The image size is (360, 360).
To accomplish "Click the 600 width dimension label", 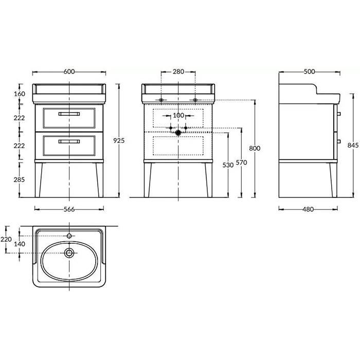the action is [69, 71].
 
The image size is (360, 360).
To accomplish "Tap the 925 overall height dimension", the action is [119, 140].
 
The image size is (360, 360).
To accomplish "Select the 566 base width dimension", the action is [69, 209].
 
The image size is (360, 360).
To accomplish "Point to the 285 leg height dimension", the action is [19, 179].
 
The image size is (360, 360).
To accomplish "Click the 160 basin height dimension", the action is [20, 94].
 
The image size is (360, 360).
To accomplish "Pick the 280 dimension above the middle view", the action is [178, 71].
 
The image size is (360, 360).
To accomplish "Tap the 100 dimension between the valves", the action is [178, 115].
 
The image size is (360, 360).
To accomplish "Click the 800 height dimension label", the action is [255, 148].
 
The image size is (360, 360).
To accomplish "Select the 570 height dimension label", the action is [241, 163].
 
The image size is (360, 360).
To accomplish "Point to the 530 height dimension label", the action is [228, 165].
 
